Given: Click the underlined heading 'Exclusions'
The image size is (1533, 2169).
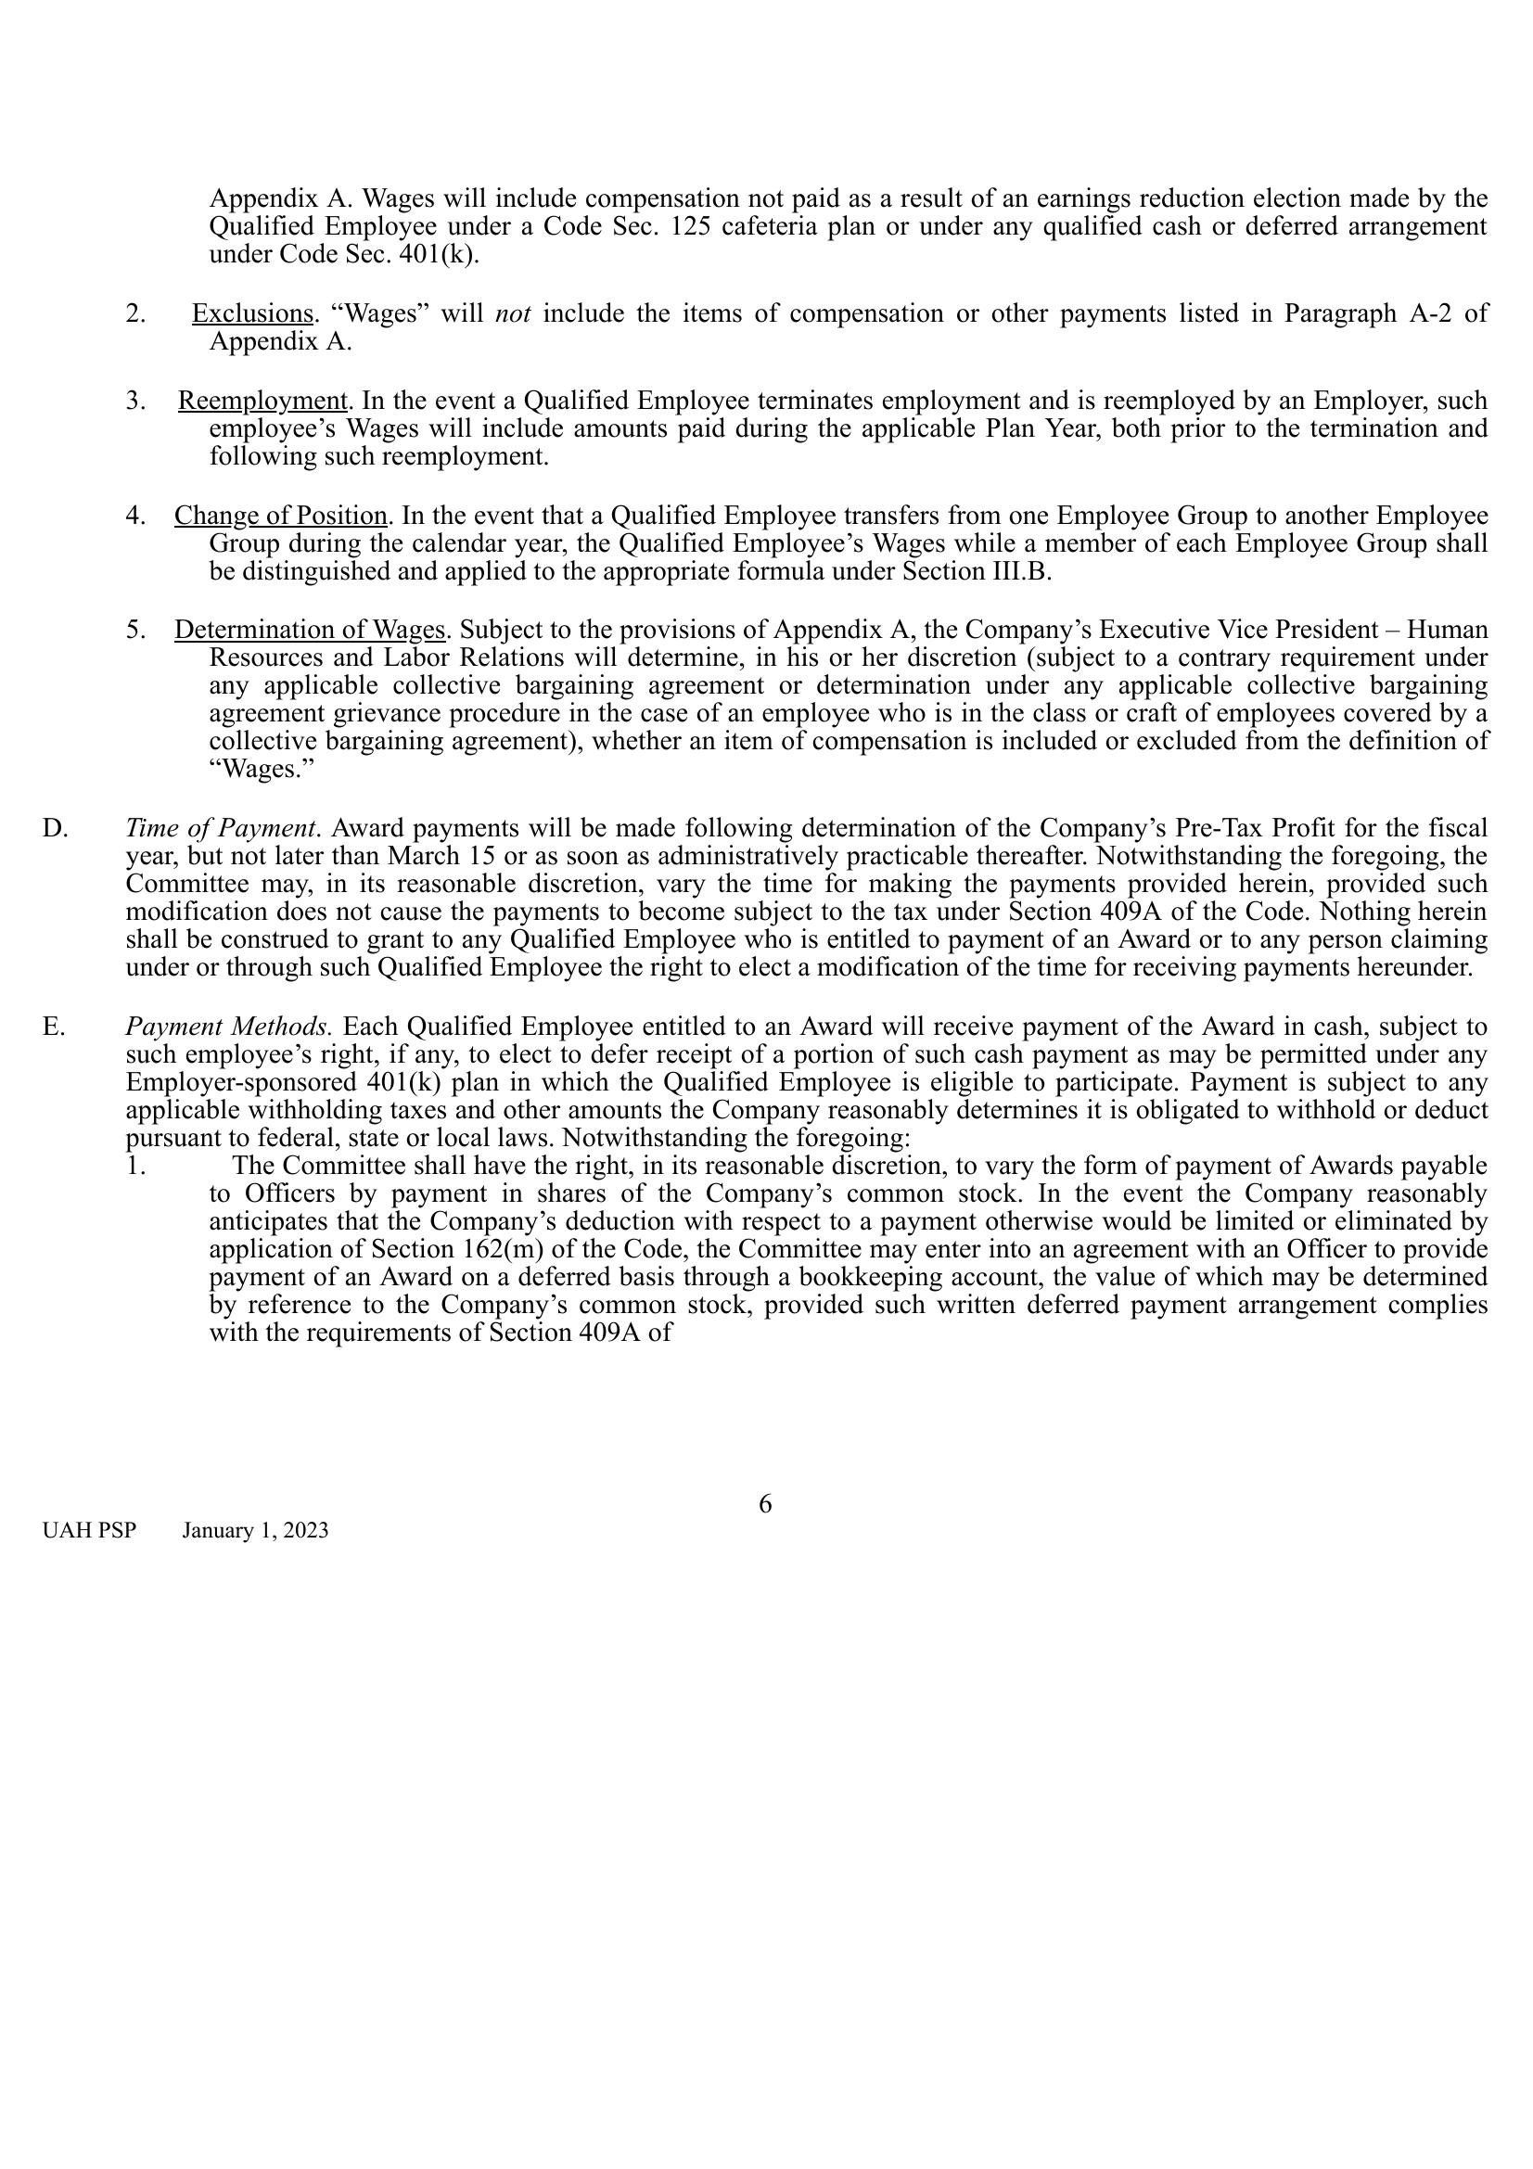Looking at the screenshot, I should pos(252,313).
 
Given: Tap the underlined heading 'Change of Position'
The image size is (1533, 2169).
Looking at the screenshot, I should pos(280,516).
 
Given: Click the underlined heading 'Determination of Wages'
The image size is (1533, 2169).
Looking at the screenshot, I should pos(309,629).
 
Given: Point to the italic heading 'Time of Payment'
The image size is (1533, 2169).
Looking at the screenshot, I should pos(220,828).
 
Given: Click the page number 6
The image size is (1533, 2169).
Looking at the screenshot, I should pos(765,1504).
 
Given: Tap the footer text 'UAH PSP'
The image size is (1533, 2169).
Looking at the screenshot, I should pos(89,1530).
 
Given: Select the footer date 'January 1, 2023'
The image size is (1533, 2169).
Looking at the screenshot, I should pos(255,1530).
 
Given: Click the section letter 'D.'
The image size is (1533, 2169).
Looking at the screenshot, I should pos(55,828).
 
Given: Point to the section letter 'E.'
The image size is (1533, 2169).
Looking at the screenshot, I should pos(54,1027).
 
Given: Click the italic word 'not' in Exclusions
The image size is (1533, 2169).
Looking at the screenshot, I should pos(513,313).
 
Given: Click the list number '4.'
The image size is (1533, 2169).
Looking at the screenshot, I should pos(136,516).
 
